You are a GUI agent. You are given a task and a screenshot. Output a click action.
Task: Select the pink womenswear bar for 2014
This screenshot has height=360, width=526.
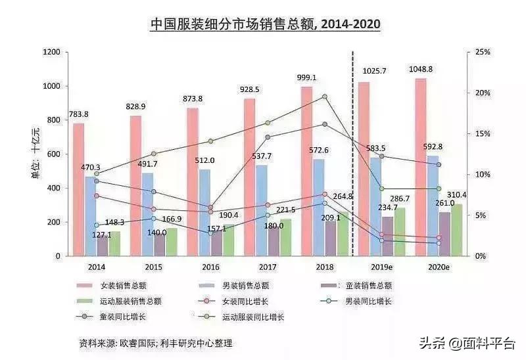pyautogui.click(x=78, y=191)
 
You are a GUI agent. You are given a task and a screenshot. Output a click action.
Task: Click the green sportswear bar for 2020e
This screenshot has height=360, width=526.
pyautogui.click(x=457, y=230)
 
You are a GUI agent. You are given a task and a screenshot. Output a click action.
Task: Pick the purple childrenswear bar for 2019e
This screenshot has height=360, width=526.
pyautogui.click(x=388, y=236)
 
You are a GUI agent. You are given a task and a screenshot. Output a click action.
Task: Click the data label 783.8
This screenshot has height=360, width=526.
pyautogui.click(x=77, y=114)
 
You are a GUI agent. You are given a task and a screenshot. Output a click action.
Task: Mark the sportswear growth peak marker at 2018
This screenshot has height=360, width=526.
pyautogui.click(x=324, y=97)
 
